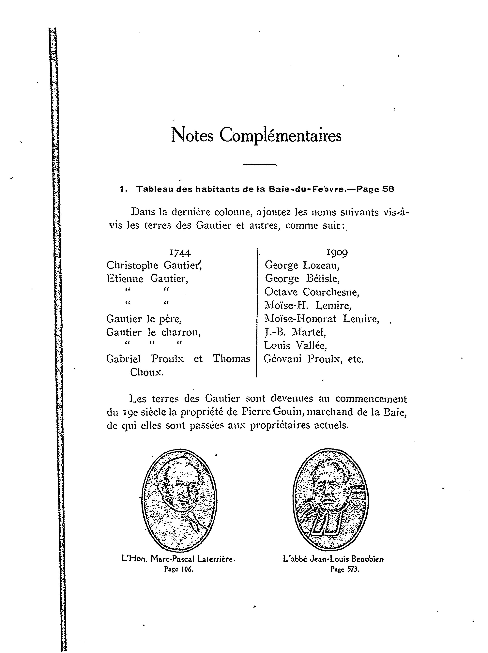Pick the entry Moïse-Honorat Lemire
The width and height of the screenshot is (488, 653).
322,319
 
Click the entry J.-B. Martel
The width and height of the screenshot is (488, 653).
295,332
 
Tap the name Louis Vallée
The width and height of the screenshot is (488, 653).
295,345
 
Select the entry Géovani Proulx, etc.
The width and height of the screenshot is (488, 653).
313,359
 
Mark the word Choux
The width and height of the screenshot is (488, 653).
147,372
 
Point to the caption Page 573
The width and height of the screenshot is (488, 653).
345,569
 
